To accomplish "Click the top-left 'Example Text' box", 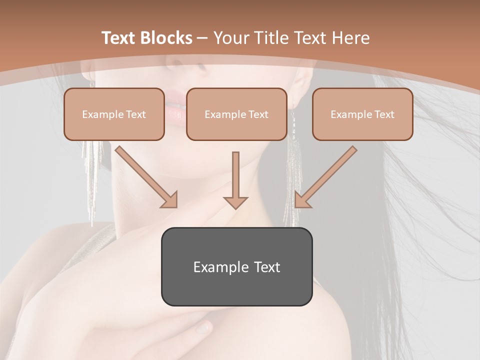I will tap(114, 114).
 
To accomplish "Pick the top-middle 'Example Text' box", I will tap(236, 114).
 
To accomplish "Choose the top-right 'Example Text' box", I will tap(362, 114).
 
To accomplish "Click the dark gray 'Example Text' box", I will tap(236, 266).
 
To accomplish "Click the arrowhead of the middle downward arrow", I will tap(235, 202).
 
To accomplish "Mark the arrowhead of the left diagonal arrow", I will tap(170, 200).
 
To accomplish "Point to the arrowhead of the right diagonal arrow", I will tap(301, 200).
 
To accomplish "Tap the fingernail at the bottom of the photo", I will tap(203, 328).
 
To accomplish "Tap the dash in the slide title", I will tap(202, 38).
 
